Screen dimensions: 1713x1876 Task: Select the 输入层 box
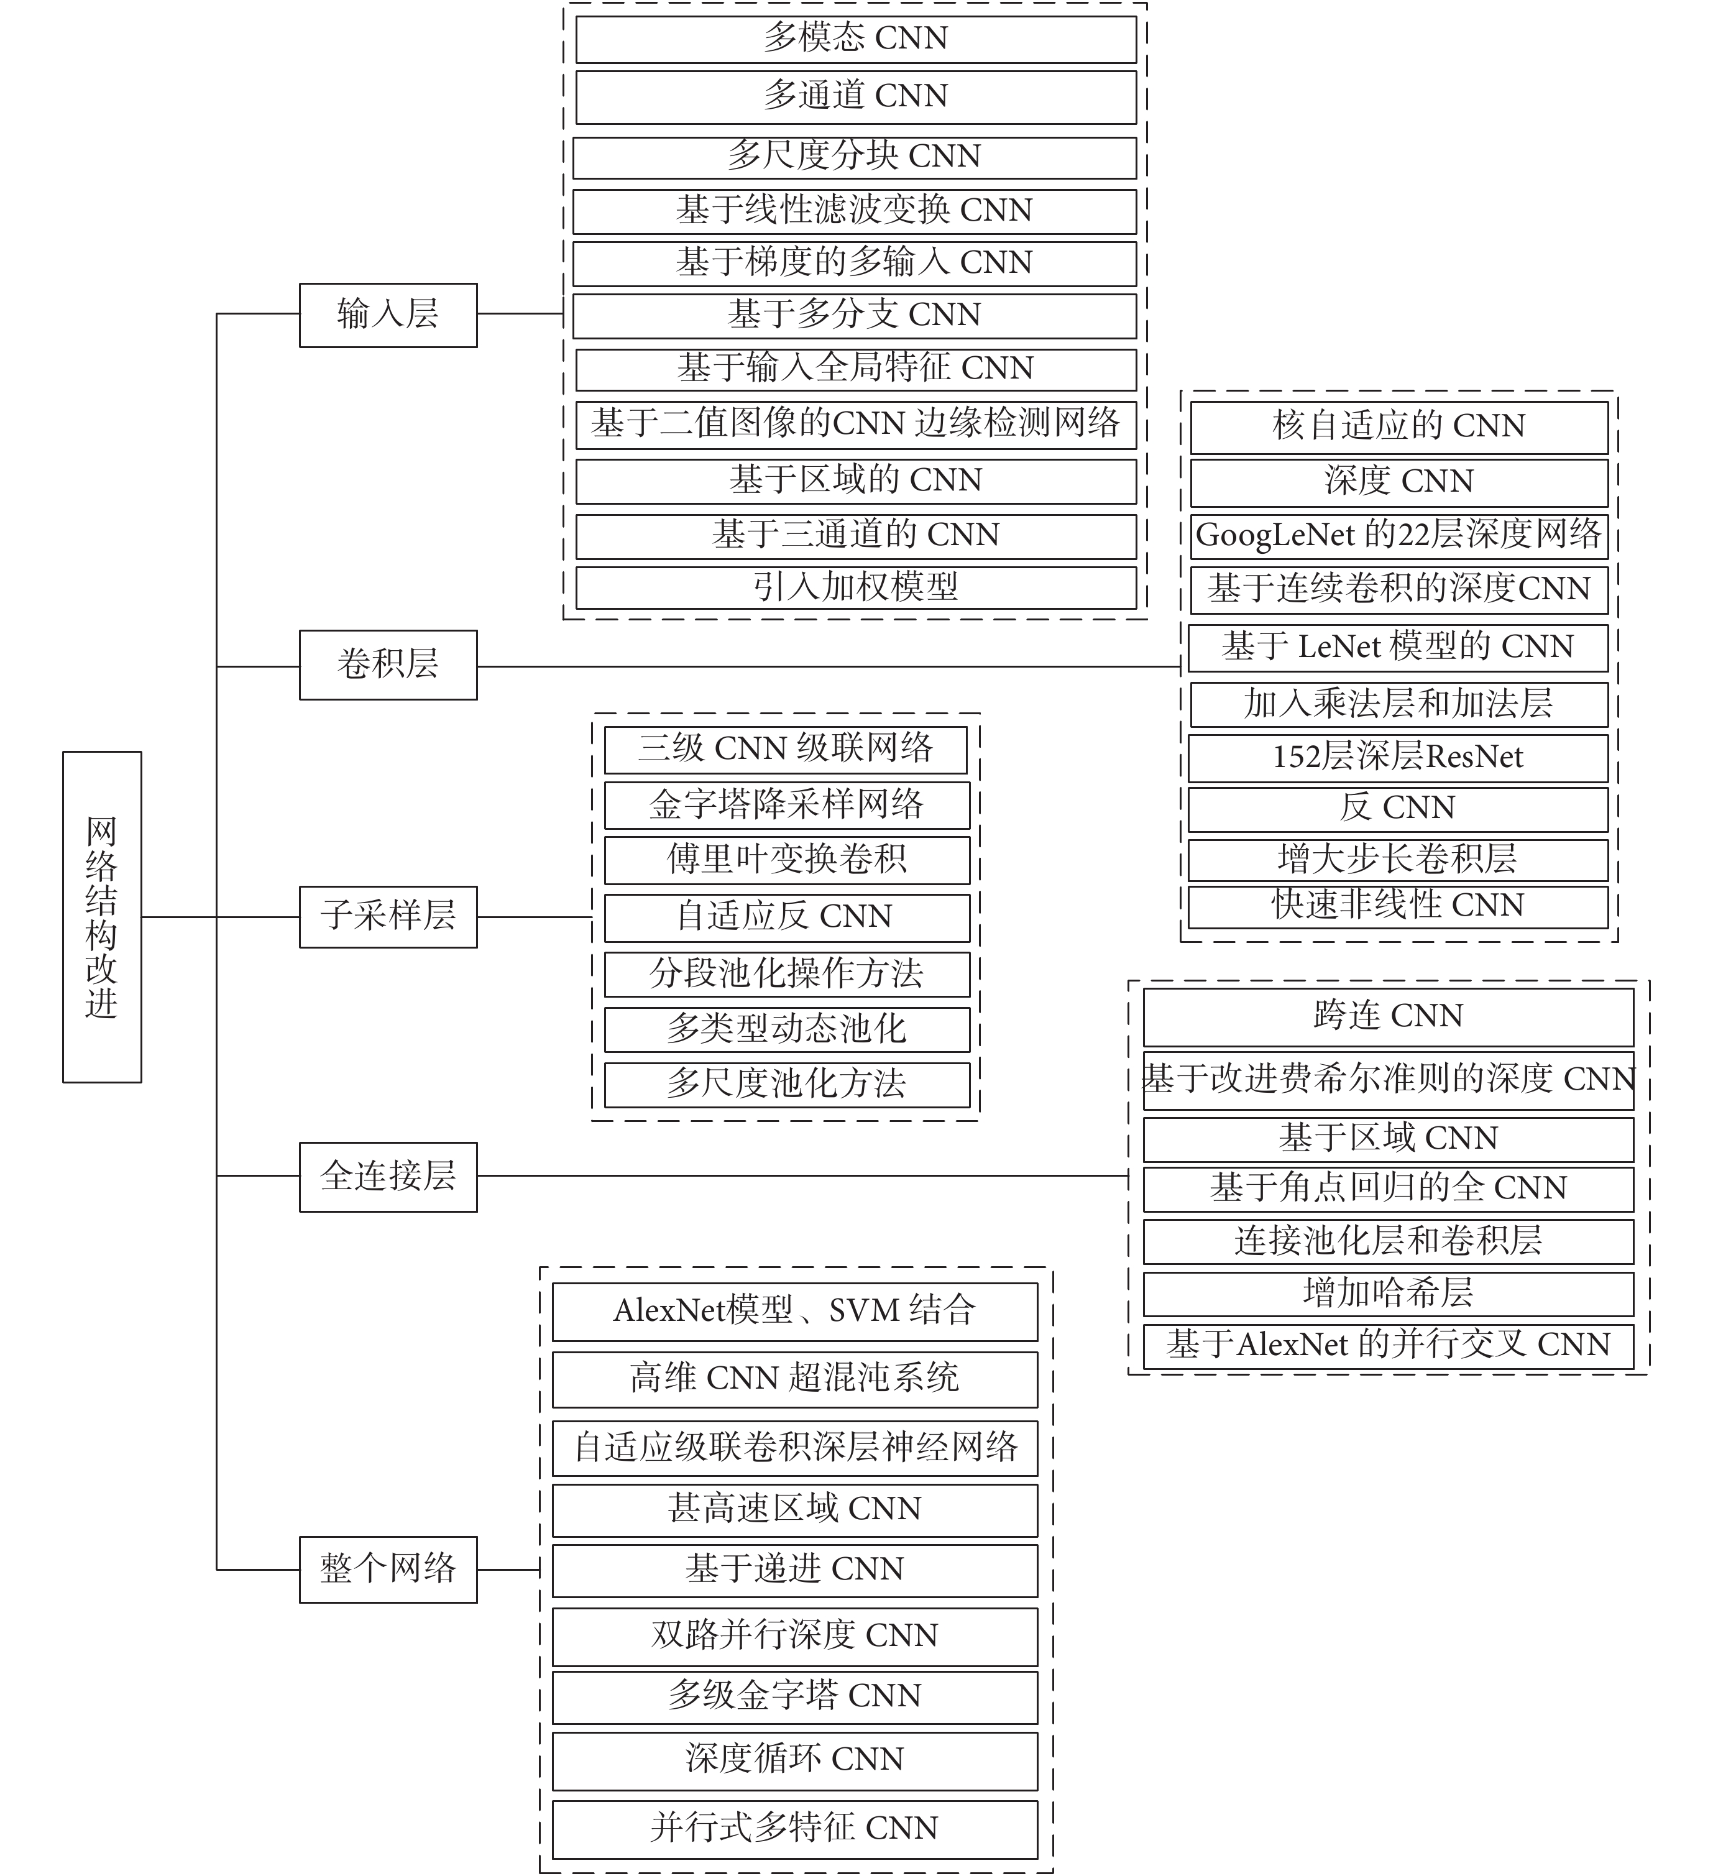pyautogui.click(x=388, y=315)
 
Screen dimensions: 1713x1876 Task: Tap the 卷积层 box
pyautogui.click(x=388, y=665)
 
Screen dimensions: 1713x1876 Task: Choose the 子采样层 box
pyautogui.click(x=388, y=917)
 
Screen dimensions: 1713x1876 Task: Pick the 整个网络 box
pyautogui.click(x=388, y=1569)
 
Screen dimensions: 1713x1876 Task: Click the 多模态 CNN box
pyautogui.click(x=856, y=39)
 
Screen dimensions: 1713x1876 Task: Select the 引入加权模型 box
pyautogui.click(x=856, y=587)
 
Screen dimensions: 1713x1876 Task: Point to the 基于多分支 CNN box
pyautogui.click(x=854, y=315)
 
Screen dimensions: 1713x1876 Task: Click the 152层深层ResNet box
pyautogui.click(x=1398, y=758)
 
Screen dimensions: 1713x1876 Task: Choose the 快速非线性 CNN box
pyautogui.click(x=1398, y=906)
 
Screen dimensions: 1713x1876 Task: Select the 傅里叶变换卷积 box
pyautogui.click(x=787, y=860)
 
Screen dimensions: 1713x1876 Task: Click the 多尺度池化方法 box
pyautogui.click(x=787, y=1084)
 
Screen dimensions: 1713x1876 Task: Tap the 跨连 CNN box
pyautogui.click(x=1389, y=1016)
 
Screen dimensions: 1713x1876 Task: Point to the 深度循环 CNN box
pyautogui.click(x=794, y=1760)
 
